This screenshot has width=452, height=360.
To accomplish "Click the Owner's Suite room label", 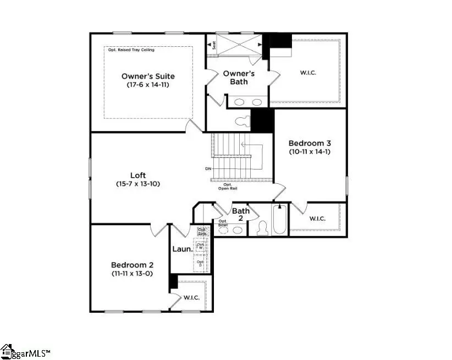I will [x=148, y=76].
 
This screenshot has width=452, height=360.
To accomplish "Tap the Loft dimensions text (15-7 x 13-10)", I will [x=138, y=184].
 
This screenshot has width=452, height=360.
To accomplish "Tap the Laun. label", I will [x=182, y=249].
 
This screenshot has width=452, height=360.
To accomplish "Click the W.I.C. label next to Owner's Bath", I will [x=308, y=72].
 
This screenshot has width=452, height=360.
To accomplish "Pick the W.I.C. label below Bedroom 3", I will [x=317, y=219].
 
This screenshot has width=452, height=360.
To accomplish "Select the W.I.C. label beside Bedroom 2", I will [x=191, y=298].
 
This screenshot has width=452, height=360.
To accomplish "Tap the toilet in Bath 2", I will [x=262, y=228].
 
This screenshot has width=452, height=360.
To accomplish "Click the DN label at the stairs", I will [x=208, y=168].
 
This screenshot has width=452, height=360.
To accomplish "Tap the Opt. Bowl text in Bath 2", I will [x=223, y=222].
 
